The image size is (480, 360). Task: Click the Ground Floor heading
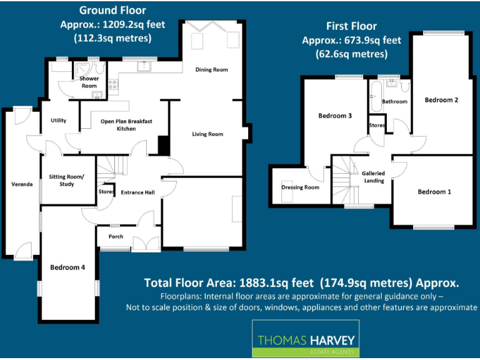[112, 11]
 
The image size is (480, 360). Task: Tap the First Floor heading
[351, 26]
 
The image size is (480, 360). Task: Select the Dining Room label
[211, 69]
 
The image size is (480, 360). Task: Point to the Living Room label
[207, 134]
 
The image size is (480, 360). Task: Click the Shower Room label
[89, 82]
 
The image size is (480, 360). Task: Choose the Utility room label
[59, 121]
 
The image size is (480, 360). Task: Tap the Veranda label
[22, 184]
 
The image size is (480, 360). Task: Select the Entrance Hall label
[137, 192]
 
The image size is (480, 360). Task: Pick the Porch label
[116, 237]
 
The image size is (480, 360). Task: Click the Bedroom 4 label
[67, 267]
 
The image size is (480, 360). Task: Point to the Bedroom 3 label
[335, 116]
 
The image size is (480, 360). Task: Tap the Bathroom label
[395, 101]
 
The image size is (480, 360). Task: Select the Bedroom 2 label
[442, 100]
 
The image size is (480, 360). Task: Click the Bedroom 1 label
[434, 192]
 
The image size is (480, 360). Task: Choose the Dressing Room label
[300, 187]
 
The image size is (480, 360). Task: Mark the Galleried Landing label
[374, 177]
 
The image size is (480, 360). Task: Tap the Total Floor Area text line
[301, 282]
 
